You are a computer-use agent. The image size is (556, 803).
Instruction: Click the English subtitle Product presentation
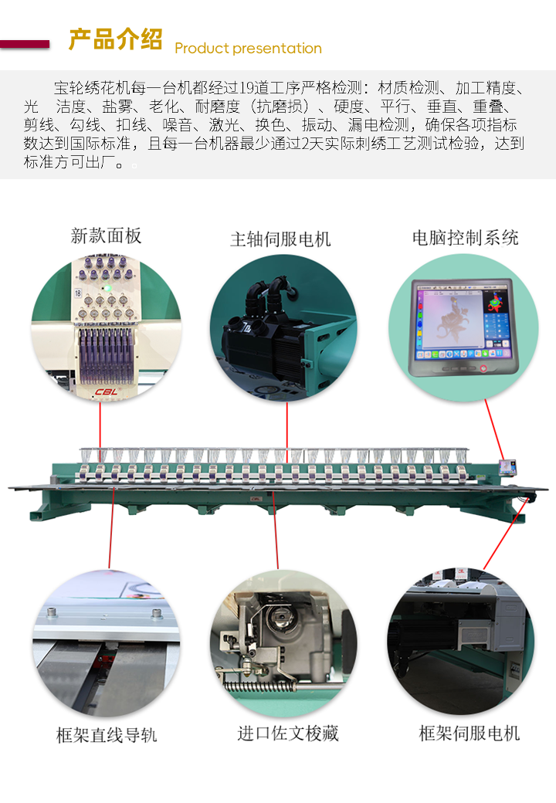248,49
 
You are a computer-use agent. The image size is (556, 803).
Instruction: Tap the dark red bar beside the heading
25,44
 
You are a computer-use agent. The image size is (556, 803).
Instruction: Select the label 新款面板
106,236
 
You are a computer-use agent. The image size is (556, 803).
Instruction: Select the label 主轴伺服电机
280,239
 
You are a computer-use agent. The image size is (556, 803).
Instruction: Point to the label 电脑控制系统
465,238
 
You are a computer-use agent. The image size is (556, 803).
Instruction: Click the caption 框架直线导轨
106,735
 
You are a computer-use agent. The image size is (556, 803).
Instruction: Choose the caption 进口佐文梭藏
287,734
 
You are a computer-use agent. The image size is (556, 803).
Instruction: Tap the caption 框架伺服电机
469,734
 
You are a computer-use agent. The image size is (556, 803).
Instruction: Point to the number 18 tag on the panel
78,293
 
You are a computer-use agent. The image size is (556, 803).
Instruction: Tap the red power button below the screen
484,368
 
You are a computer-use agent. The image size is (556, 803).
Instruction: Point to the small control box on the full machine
507,468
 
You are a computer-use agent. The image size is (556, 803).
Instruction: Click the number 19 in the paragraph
248,86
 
